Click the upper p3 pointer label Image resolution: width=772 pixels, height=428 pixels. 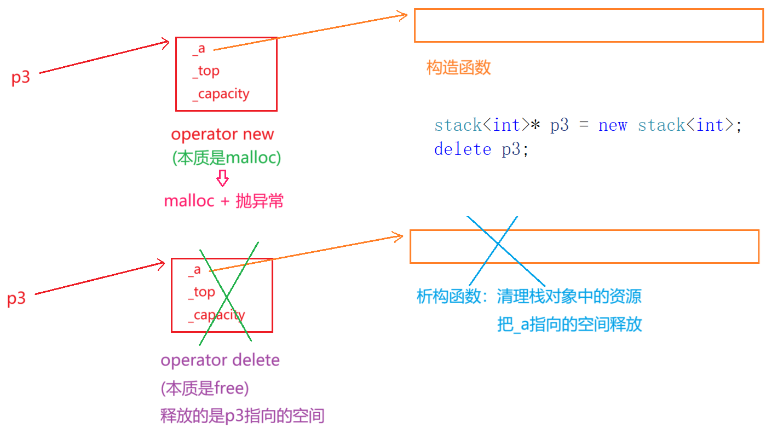(x=21, y=78)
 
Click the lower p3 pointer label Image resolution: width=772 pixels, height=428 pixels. (x=16, y=298)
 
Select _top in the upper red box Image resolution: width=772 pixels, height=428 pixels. (x=206, y=72)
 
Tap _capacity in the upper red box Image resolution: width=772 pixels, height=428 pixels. (x=221, y=94)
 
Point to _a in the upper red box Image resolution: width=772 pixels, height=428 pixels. (x=199, y=49)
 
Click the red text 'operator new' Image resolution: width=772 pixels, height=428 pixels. (x=222, y=134)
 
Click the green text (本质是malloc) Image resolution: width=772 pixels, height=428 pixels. (x=227, y=158)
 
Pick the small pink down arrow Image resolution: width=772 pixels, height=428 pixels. (x=222, y=178)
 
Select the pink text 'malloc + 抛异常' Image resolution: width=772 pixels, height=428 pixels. (x=224, y=201)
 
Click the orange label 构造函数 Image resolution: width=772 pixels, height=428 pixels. (x=458, y=67)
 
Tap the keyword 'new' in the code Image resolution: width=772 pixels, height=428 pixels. (x=613, y=125)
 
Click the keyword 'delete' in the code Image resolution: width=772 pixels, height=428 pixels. (x=463, y=149)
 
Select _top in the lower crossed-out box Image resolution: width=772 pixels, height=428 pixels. (x=201, y=293)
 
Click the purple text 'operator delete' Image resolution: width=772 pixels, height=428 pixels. (x=220, y=360)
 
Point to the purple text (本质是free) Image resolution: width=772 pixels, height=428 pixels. (x=205, y=389)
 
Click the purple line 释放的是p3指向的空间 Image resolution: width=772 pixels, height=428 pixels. (x=243, y=415)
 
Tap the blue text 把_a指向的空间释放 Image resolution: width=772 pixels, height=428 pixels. (x=569, y=324)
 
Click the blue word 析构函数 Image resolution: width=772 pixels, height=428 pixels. (x=449, y=296)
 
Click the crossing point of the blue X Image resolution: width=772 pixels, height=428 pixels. (x=498, y=244)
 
